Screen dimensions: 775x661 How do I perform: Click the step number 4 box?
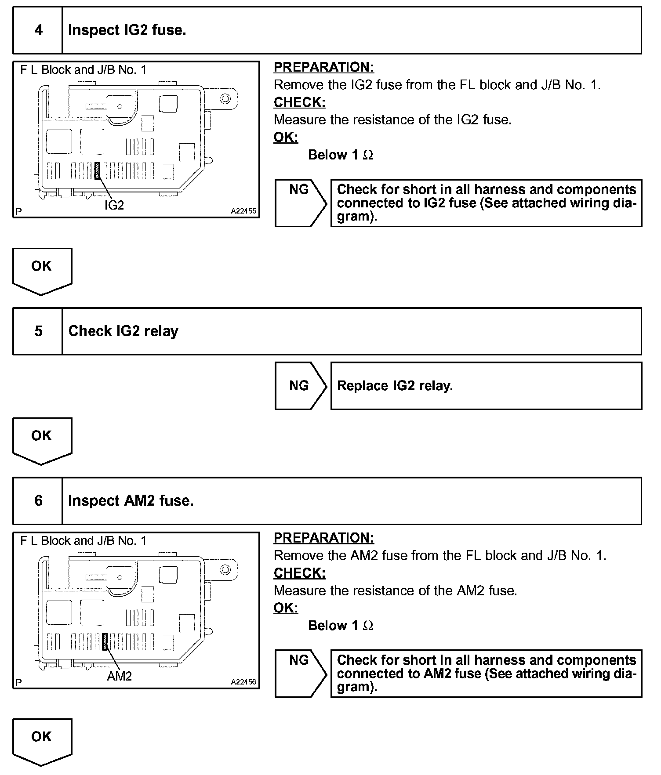pyautogui.click(x=38, y=30)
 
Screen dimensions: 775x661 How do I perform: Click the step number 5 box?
pyautogui.click(x=38, y=331)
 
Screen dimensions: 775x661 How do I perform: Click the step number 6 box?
pyautogui.click(x=38, y=501)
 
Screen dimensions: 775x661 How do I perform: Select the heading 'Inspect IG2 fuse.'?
pyautogui.click(x=127, y=30)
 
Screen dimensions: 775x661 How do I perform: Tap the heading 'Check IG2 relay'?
pyautogui.click(x=123, y=331)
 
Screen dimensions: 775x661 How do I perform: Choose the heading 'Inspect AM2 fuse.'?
pyautogui.click(x=131, y=501)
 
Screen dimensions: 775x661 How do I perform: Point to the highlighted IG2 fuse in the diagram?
pyautogui.click(x=97, y=171)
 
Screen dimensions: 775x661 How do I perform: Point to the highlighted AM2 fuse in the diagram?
pyautogui.click(x=105, y=642)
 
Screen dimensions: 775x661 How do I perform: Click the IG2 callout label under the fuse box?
pyautogui.click(x=114, y=205)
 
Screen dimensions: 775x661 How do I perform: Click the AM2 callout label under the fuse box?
pyautogui.click(x=119, y=676)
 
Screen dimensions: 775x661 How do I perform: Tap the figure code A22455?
pyautogui.click(x=243, y=211)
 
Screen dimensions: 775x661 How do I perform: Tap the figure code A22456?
pyautogui.click(x=243, y=682)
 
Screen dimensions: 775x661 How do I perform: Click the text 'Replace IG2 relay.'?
pyautogui.click(x=395, y=386)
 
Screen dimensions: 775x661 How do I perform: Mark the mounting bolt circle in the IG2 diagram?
pyautogui.click(x=225, y=99)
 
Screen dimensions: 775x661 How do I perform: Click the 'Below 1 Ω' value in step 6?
pyautogui.click(x=341, y=626)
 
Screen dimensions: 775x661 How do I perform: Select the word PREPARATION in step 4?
pyautogui.click(x=323, y=67)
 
